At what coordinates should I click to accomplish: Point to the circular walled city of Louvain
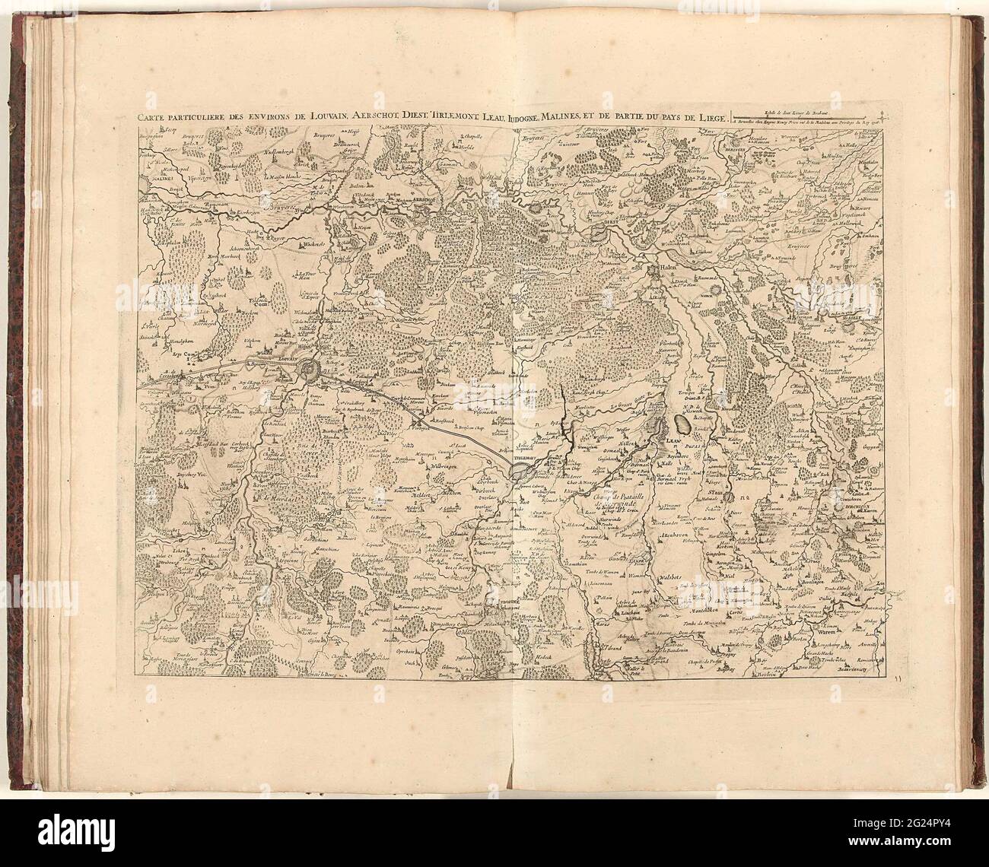(312, 370)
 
